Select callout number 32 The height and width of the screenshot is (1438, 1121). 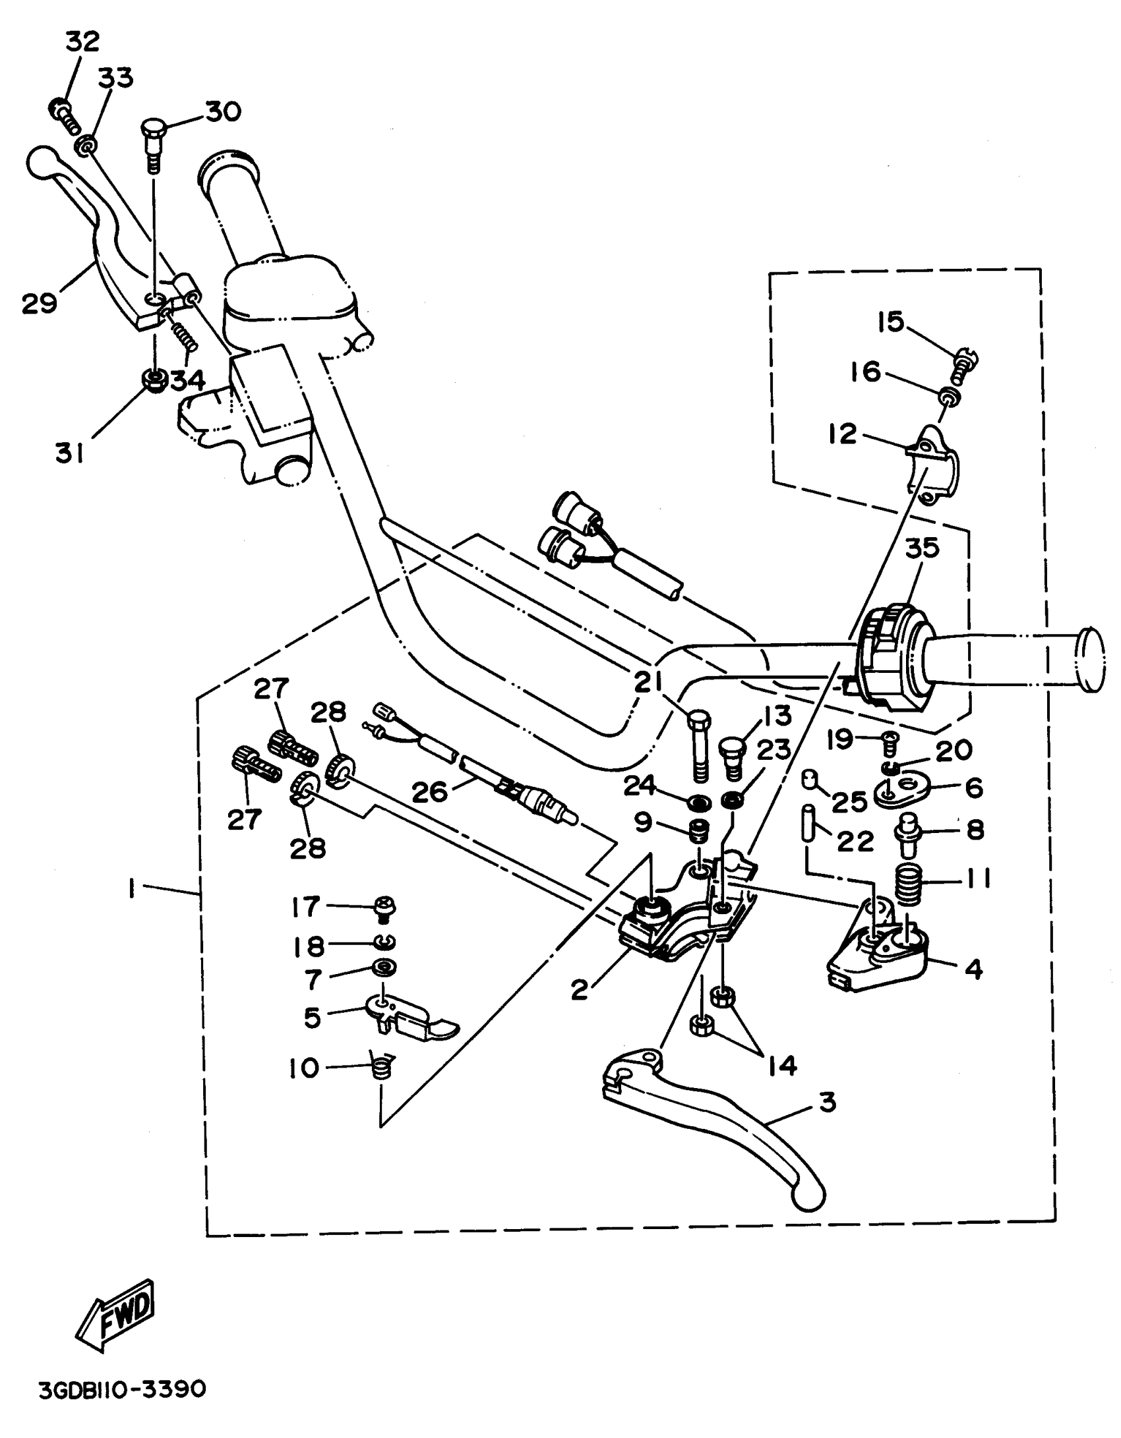pos(82,41)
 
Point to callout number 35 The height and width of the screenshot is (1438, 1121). pos(921,548)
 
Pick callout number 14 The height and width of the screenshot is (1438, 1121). pos(783,1066)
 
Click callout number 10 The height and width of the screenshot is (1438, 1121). pos(303,1068)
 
